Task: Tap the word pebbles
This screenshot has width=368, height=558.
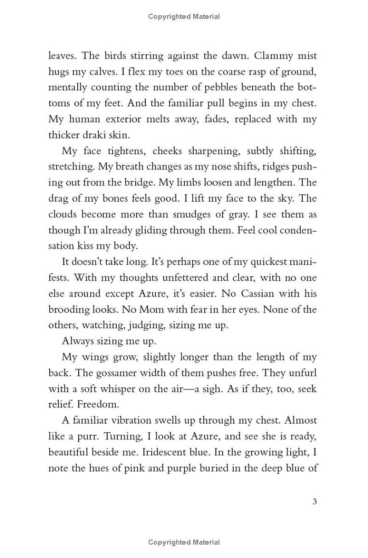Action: point(213,87)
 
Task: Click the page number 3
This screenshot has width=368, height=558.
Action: point(315,501)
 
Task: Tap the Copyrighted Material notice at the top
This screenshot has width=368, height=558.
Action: point(184,17)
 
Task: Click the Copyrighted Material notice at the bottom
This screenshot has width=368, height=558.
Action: point(184,542)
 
